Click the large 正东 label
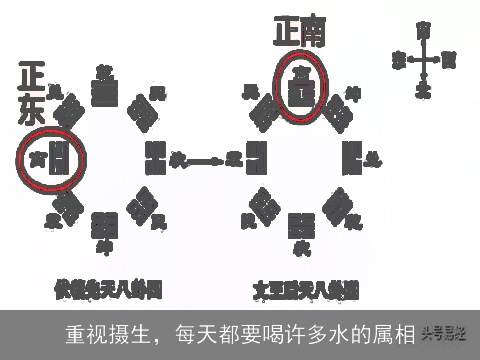tap(31, 94)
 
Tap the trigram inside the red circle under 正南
tap(298, 90)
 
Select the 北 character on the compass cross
tap(424, 91)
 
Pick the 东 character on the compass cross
tap(399, 59)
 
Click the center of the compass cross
tap(424, 59)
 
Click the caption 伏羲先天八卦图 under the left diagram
tap(107, 290)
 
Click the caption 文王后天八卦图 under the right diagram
tap(306, 290)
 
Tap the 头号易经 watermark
tap(447, 334)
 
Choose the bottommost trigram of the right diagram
tap(298, 224)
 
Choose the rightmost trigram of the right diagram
tap(351, 156)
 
